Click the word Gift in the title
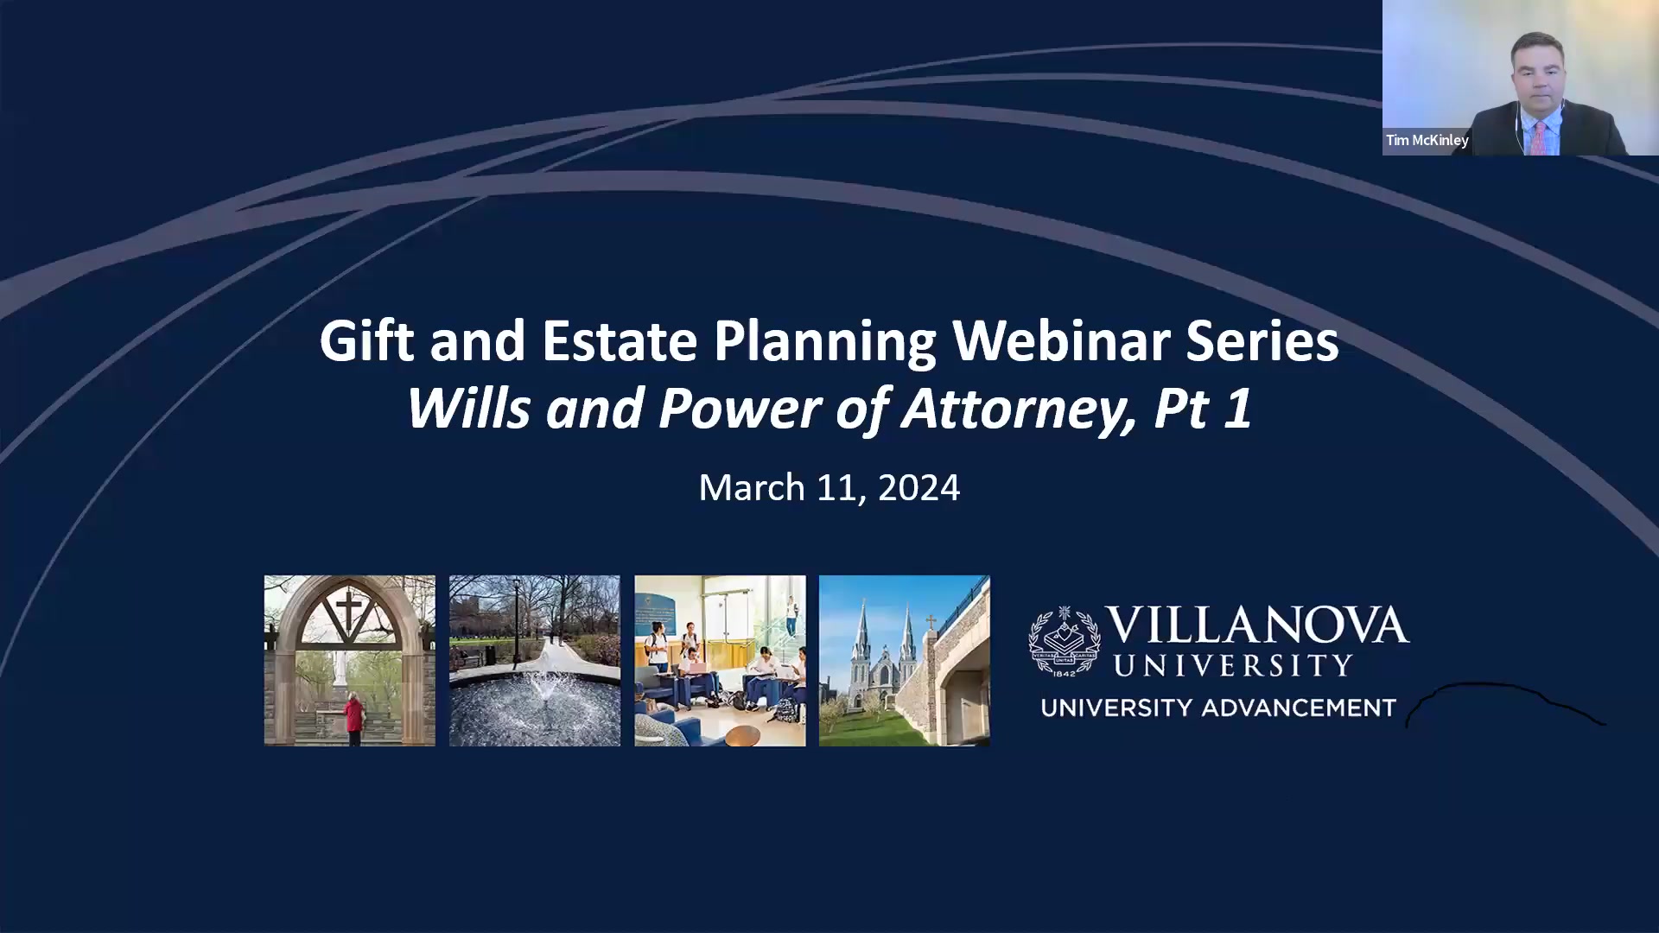click(x=366, y=342)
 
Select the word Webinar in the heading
click(x=1060, y=342)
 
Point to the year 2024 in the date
click(x=918, y=488)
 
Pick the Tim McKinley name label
click(x=1427, y=140)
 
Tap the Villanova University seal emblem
click(x=1064, y=640)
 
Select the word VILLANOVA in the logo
click(x=1256, y=625)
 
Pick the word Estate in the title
click(x=619, y=342)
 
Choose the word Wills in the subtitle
click(x=467, y=409)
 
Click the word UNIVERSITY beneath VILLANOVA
click(x=1233, y=666)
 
